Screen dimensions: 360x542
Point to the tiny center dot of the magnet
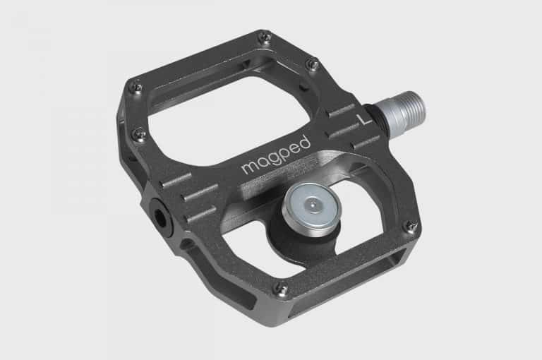point(307,205)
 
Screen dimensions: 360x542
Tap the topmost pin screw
point(264,37)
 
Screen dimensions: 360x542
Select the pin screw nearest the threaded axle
point(313,64)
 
